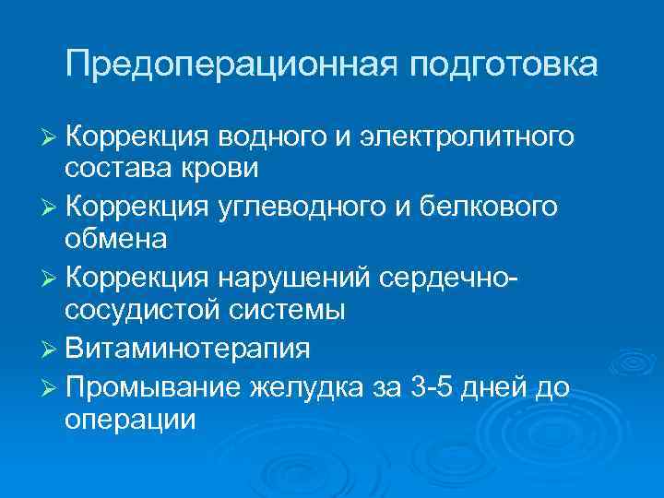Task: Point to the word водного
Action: tap(267, 137)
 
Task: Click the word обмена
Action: tap(116, 240)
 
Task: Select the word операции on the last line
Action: tap(130, 419)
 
